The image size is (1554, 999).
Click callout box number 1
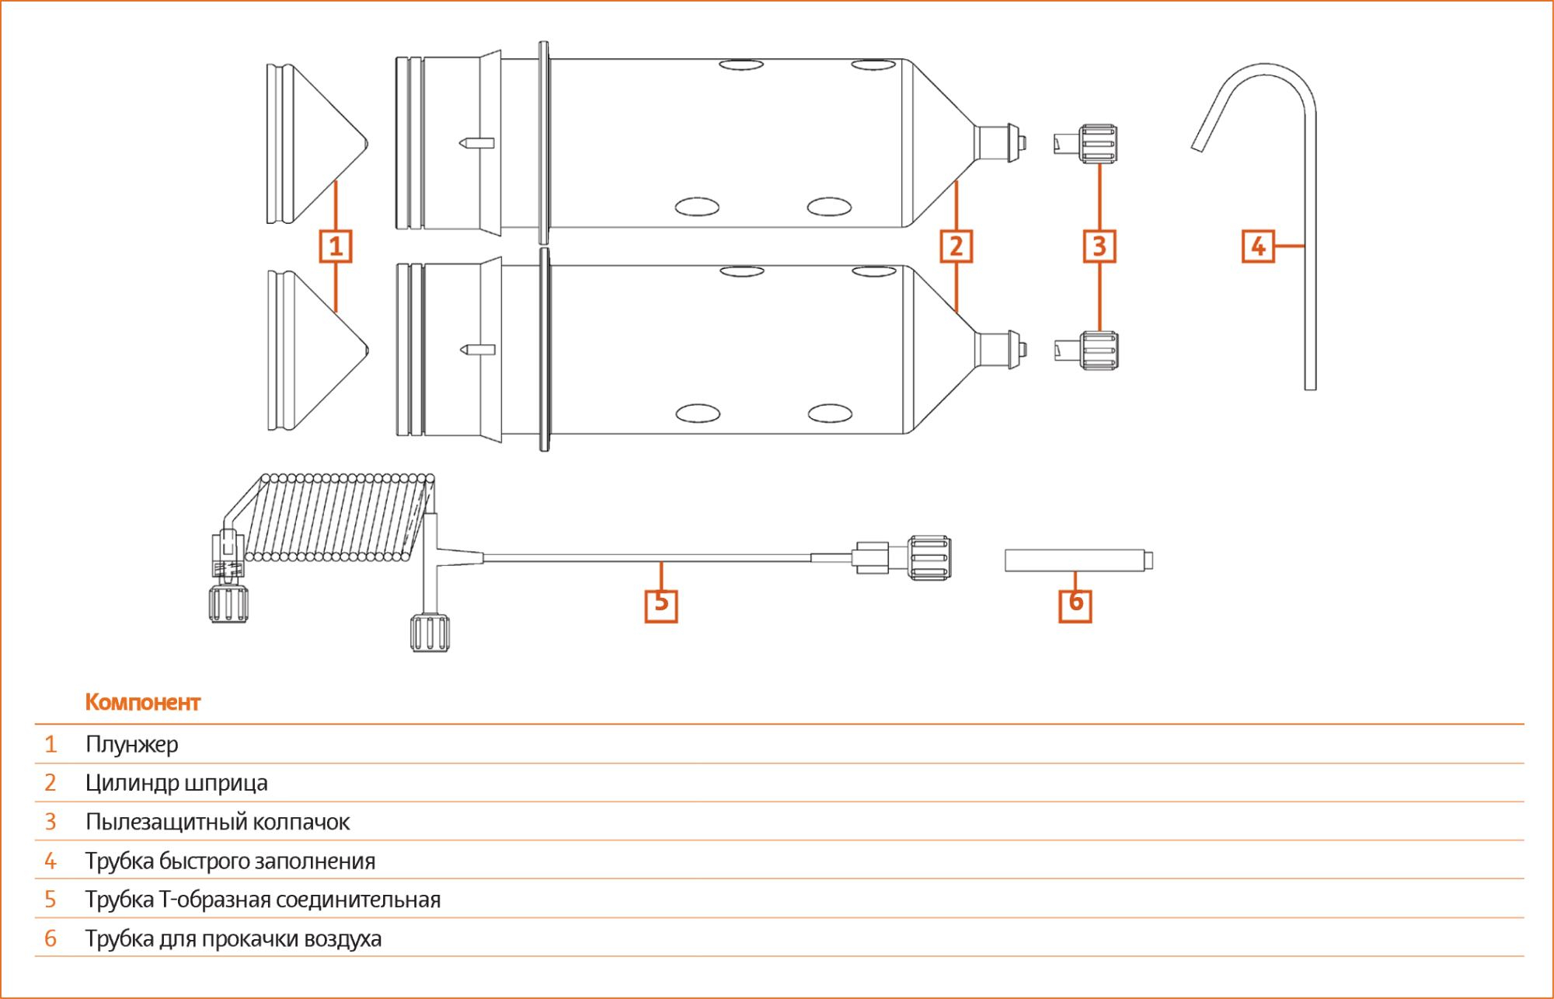[x=336, y=246]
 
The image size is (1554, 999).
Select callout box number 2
[x=956, y=246]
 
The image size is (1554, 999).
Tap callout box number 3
[x=1099, y=246]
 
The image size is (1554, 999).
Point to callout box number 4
[x=1258, y=246]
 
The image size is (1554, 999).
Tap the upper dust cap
[x=1086, y=144]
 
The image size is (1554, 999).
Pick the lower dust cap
[x=1086, y=350]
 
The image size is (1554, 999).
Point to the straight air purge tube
[x=1078, y=561]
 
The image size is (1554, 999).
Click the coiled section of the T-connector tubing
[x=342, y=517]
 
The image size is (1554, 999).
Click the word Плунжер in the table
[x=132, y=745]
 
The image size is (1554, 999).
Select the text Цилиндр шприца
[x=176, y=783]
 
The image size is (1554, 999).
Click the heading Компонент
[x=143, y=702]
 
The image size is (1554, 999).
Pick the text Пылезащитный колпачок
[x=218, y=822]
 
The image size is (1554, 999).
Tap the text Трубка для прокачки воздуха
[x=233, y=938]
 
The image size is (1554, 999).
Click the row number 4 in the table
[x=51, y=861]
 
